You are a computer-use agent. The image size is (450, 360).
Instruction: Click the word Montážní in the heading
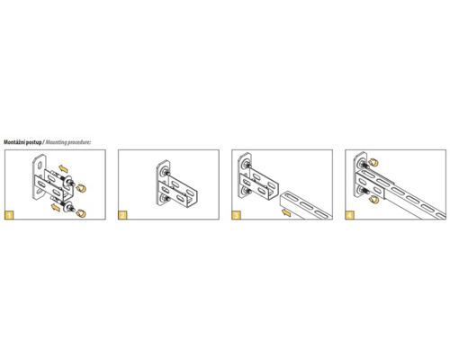tap(14, 142)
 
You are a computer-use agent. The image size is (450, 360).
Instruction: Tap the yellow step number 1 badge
tap(9, 215)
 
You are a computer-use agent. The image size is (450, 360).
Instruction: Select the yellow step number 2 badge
tap(122, 215)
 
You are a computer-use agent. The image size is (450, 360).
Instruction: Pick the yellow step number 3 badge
tap(236, 215)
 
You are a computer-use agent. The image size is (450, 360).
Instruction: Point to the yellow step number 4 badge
tap(350, 215)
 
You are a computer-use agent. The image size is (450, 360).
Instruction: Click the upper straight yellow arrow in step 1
tap(63, 168)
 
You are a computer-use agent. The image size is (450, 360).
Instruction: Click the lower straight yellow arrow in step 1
tap(56, 207)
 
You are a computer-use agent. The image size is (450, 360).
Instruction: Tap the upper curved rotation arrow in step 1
tap(81, 188)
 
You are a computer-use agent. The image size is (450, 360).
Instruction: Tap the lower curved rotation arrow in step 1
tap(81, 213)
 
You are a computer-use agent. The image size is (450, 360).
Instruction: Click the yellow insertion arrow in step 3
tap(286, 212)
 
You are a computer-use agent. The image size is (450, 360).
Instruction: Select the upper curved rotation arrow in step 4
tap(373, 163)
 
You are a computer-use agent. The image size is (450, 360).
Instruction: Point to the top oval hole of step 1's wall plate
tap(40, 164)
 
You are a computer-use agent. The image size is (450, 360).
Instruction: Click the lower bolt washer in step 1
tap(67, 206)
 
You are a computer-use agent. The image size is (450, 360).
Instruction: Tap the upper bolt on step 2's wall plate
tap(165, 173)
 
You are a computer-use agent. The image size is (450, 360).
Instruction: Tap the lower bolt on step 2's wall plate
tap(165, 198)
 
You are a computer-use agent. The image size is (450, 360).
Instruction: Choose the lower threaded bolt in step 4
tap(364, 191)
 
